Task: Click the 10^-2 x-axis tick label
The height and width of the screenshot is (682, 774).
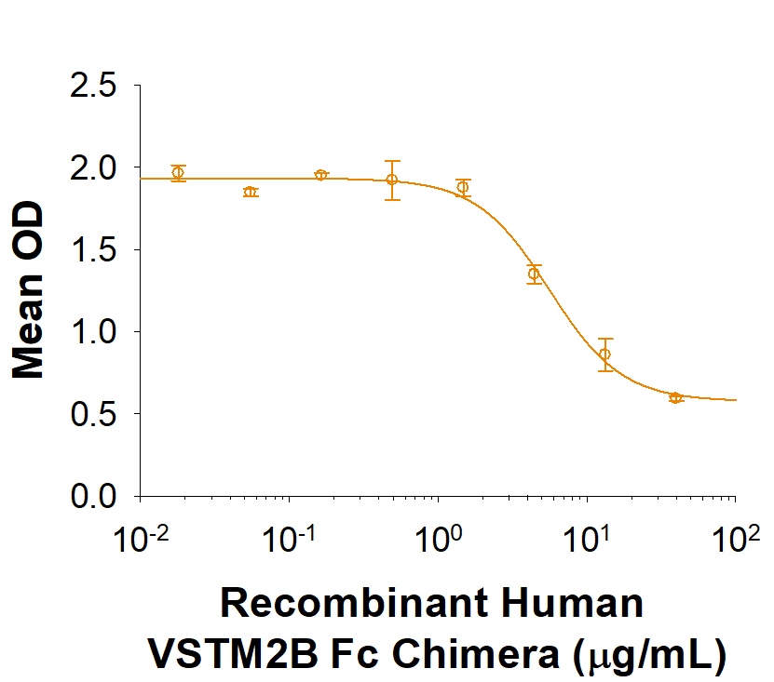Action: [140, 539]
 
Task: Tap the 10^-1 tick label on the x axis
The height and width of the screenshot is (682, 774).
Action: [289, 539]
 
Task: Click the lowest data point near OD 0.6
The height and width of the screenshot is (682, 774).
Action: [675, 397]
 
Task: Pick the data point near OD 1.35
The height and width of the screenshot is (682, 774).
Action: [534, 274]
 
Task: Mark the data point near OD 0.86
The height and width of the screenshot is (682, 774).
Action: [605, 354]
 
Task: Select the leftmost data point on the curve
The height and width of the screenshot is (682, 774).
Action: [178, 173]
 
